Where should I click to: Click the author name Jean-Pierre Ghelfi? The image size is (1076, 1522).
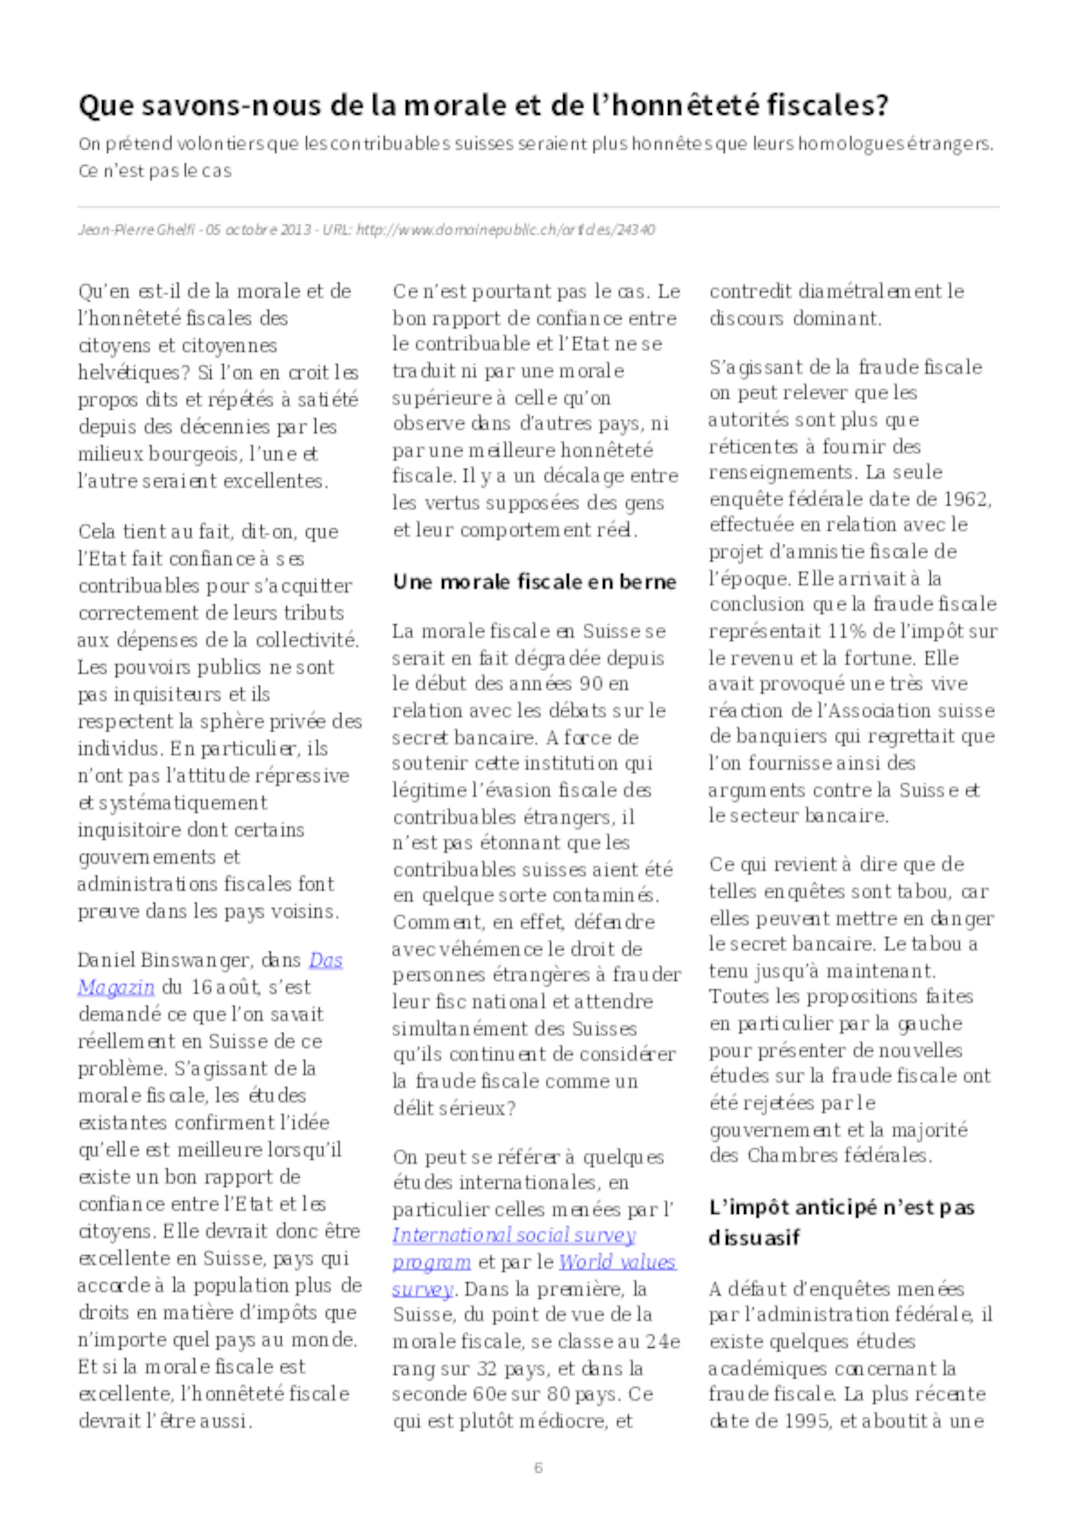137,230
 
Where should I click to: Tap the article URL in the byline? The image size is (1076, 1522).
506,230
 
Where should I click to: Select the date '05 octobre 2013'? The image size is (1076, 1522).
258,230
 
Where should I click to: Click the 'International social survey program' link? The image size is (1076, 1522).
514,1236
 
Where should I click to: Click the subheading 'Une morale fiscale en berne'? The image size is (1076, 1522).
534,582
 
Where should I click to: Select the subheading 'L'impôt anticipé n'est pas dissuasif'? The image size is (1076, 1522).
841,1222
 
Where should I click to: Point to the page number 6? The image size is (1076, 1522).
537,1468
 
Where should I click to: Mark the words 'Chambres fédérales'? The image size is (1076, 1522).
839,1155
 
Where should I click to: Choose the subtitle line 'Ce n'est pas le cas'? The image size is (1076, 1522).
155,171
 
